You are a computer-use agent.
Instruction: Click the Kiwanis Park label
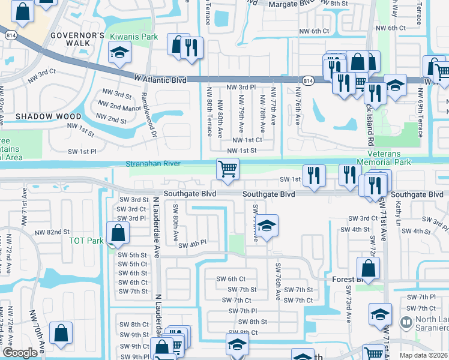133,37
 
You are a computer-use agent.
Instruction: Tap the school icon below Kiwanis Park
119,54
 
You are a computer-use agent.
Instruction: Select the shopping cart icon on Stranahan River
228,169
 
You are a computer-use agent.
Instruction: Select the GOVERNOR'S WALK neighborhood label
77,40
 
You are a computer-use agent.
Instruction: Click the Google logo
20,353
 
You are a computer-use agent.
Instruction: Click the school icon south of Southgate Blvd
268,226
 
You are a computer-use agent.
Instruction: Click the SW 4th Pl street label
191,244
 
